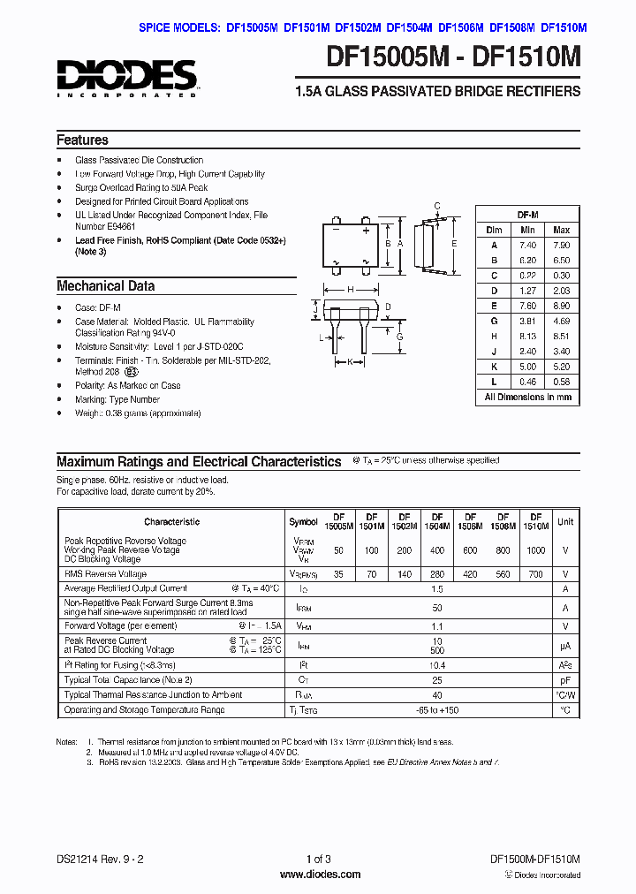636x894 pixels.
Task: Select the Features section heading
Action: coord(82,140)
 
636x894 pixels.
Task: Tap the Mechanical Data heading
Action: coord(105,286)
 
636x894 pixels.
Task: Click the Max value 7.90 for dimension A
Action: coord(561,245)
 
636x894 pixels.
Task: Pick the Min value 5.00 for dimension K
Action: coord(528,366)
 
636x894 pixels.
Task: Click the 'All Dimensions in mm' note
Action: coord(527,398)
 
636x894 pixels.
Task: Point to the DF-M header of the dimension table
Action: coord(527,215)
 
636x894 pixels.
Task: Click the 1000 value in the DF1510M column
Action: coord(536,549)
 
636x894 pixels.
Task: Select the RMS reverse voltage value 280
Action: coord(437,573)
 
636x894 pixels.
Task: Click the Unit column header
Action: coord(565,521)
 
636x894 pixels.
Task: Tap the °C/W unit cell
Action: coord(565,695)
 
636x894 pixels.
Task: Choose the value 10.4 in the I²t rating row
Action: coord(437,665)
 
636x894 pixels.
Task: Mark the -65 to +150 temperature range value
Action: coord(437,709)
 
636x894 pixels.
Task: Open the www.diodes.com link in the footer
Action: coord(317,875)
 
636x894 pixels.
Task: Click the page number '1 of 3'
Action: coord(318,860)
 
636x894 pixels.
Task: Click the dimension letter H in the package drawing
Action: coord(351,290)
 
